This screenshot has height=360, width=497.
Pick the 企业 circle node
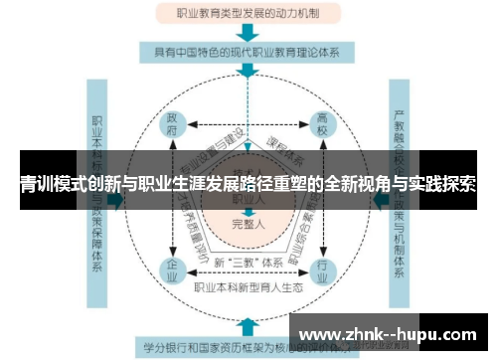point(172,270)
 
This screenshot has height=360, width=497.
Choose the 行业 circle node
point(320,270)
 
